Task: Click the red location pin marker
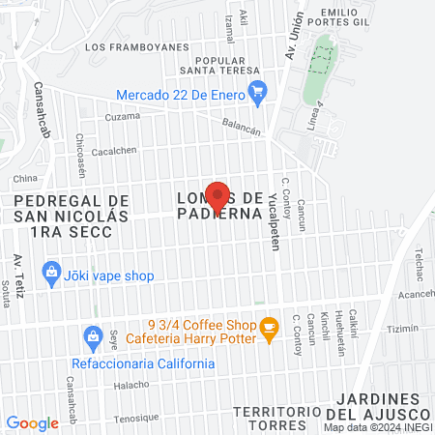(x=217, y=196)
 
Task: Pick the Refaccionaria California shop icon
(x=93, y=336)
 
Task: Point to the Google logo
(x=32, y=422)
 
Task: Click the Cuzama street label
(x=123, y=117)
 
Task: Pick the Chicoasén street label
(x=80, y=150)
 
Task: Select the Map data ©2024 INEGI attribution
(x=378, y=427)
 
